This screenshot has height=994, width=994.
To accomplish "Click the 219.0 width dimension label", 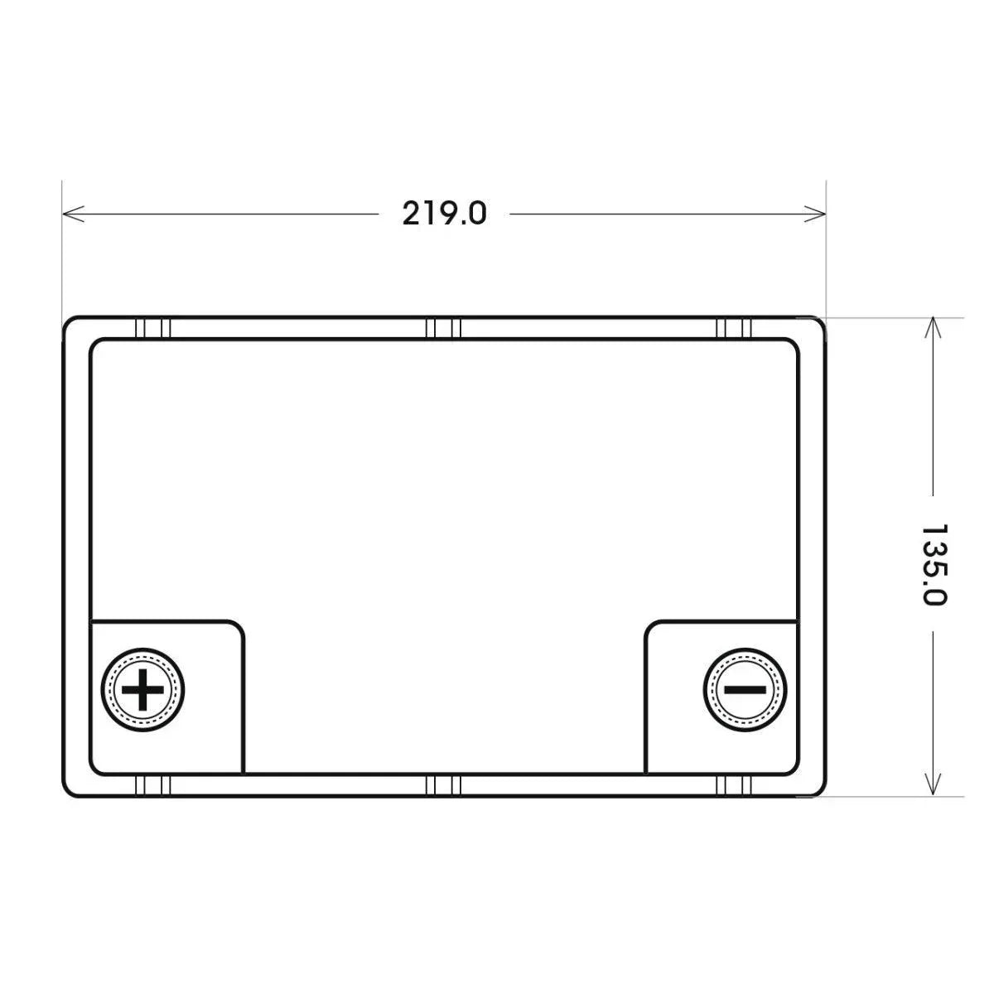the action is [x=444, y=214].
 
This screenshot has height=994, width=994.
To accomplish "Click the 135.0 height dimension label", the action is [x=934, y=565].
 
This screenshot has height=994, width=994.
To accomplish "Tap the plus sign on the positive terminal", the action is [x=142, y=690].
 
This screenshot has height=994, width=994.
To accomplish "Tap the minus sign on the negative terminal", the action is [x=745, y=690].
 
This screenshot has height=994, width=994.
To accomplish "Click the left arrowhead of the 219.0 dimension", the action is [x=73, y=214].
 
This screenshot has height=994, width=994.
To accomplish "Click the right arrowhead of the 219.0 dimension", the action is [x=815, y=214].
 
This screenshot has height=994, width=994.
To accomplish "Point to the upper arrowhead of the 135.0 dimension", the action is [x=933, y=328].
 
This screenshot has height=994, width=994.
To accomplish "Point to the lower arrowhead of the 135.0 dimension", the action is [x=933, y=785].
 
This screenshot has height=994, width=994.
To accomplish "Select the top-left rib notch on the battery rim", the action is [x=152, y=329].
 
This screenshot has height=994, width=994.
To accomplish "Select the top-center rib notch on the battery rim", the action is [x=443, y=329].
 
